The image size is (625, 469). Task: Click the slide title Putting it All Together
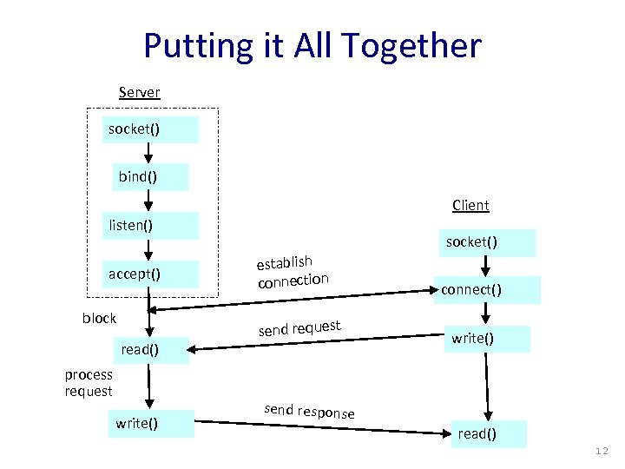click(312, 45)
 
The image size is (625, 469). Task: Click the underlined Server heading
click(139, 91)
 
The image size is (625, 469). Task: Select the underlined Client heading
click(470, 205)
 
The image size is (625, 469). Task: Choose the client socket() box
click(485, 242)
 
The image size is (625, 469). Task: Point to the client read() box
click(489, 433)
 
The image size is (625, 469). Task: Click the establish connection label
click(290, 270)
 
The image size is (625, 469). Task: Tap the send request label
click(299, 327)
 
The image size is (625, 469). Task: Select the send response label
click(308, 410)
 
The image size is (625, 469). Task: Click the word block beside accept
click(99, 318)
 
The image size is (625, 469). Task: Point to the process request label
click(89, 383)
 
